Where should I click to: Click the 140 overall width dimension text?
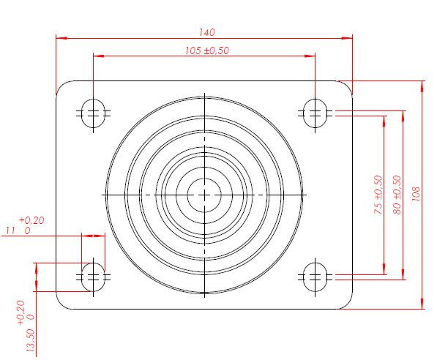(207, 32)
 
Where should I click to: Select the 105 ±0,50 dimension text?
(207, 50)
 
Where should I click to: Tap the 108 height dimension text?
(416, 194)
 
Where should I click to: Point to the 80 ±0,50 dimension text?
(397, 195)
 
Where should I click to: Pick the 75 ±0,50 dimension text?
(378, 195)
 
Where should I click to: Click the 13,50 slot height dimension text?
(30, 340)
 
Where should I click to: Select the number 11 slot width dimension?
(10, 230)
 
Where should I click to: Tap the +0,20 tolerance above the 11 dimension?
(31, 220)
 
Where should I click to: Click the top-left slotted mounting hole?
(93, 113)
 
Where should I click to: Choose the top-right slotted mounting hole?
(315, 113)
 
